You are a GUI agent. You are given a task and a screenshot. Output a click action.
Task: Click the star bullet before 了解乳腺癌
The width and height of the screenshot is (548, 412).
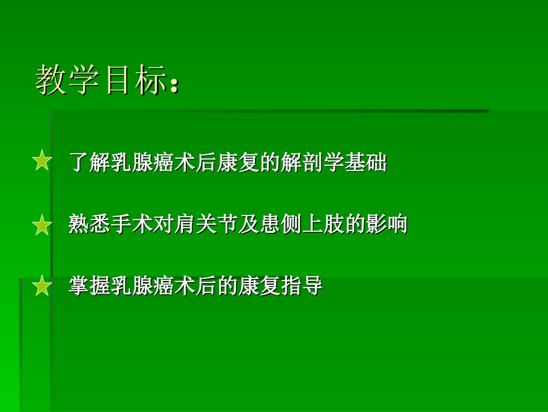(x=42, y=161)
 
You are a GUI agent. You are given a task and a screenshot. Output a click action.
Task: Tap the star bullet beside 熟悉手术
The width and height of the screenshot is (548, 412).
(x=42, y=225)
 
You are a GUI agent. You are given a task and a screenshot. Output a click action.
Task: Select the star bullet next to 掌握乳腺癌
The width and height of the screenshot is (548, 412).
(x=42, y=286)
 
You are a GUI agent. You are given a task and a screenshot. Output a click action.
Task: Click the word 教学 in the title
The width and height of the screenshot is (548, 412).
(x=69, y=80)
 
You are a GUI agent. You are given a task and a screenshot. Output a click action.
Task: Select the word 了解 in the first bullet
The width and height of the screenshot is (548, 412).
(x=90, y=162)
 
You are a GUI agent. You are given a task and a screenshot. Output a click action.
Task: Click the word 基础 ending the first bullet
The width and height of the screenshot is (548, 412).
(x=366, y=162)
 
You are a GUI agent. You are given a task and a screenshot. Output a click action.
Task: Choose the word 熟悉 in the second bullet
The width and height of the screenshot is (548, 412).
(x=90, y=224)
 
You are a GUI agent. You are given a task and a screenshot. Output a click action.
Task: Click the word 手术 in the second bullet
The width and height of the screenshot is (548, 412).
(x=133, y=224)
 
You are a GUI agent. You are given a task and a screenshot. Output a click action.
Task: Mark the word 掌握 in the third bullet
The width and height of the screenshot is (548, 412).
(x=90, y=286)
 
